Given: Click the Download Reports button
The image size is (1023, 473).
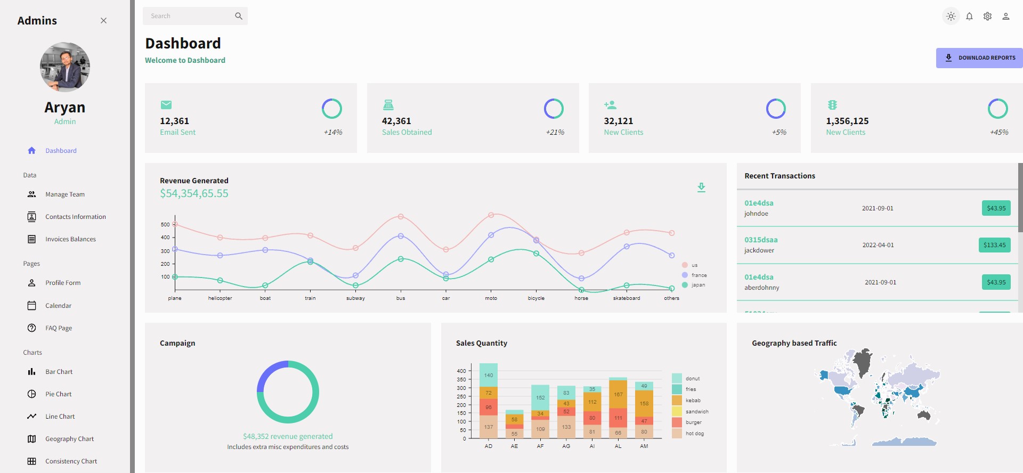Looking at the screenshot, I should click(x=979, y=58).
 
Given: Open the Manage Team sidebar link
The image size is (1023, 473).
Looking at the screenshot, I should click(x=64, y=194).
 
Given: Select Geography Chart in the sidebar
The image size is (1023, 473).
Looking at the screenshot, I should click(x=69, y=439).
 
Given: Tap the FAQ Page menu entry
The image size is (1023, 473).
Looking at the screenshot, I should click(x=58, y=328).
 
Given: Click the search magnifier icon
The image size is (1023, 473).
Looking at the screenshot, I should click(x=239, y=16).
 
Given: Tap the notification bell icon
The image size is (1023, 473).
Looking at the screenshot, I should click(x=969, y=17).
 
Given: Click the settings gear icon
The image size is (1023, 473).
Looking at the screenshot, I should click(x=987, y=17).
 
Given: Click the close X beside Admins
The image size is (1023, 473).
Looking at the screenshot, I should click(x=103, y=21).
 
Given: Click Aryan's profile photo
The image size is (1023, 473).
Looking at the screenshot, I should click(x=65, y=67).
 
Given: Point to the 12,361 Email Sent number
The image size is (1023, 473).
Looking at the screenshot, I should click(x=175, y=121).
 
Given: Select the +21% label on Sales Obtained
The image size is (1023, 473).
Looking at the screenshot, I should click(x=555, y=132).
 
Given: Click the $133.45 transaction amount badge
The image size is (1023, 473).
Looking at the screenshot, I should click(x=994, y=245).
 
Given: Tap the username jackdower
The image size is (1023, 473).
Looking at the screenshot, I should click(x=759, y=250).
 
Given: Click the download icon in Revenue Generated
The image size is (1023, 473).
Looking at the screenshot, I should click(x=701, y=187).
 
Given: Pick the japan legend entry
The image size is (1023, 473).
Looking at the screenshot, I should click(x=697, y=285).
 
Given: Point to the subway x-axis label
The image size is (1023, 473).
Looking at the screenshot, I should click(x=355, y=298).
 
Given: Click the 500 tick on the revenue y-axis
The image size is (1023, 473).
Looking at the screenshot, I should click(x=165, y=225).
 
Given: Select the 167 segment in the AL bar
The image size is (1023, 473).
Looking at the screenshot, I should click(x=618, y=395).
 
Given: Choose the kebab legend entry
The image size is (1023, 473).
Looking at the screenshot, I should click(x=693, y=401).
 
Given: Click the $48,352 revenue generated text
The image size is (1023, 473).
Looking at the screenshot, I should click(x=288, y=436).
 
